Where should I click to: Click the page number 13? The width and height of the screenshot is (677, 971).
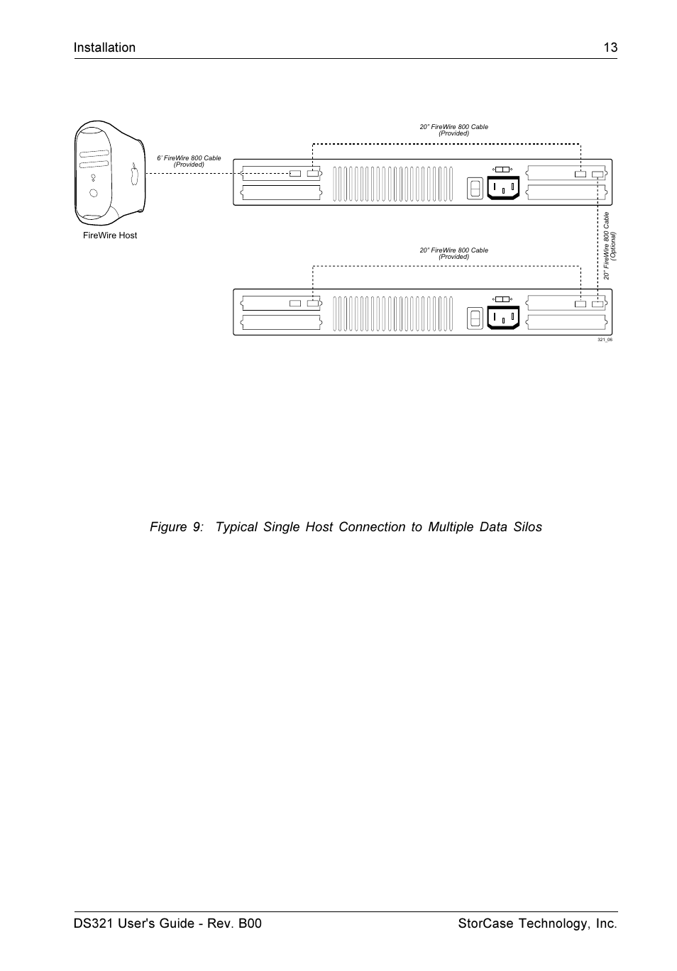click(x=610, y=48)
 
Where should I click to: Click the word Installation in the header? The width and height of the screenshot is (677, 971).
click(x=104, y=48)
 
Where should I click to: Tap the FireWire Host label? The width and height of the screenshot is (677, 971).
click(x=110, y=235)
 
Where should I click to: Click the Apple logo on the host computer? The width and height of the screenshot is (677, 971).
click(x=134, y=174)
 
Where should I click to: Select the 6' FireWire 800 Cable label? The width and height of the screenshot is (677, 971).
click(x=189, y=161)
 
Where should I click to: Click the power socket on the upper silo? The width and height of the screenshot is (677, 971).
click(x=503, y=188)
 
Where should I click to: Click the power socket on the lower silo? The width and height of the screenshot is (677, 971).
click(x=503, y=318)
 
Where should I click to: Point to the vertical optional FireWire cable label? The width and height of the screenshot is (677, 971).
click(x=610, y=245)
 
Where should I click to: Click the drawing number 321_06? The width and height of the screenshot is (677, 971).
click(x=605, y=340)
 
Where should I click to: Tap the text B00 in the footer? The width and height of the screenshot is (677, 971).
click(x=248, y=923)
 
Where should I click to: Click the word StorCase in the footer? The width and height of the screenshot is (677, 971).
click(x=483, y=923)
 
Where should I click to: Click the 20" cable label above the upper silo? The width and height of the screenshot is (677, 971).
click(x=453, y=130)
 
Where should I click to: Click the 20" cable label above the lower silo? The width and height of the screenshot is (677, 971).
click(x=453, y=253)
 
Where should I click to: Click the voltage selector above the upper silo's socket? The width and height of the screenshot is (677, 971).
click(x=502, y=170)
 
